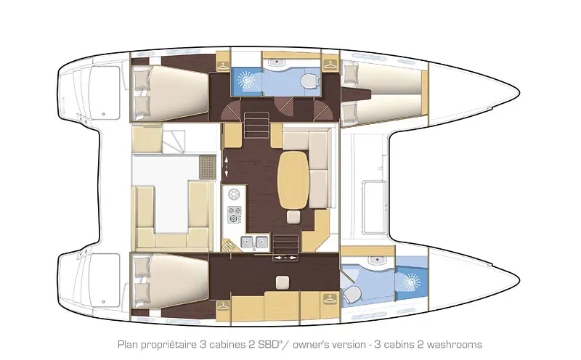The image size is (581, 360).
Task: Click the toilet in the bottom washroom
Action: [353, 294]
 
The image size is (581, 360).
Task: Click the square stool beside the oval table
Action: [294, 217]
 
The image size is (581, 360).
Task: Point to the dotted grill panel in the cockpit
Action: [208, 167]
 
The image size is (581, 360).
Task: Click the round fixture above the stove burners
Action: [235, 194]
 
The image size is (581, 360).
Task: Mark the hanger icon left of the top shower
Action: [219, 63]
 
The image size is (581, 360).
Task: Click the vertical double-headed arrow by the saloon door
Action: [227, 166]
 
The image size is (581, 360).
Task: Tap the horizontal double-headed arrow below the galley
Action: [284, 258]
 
